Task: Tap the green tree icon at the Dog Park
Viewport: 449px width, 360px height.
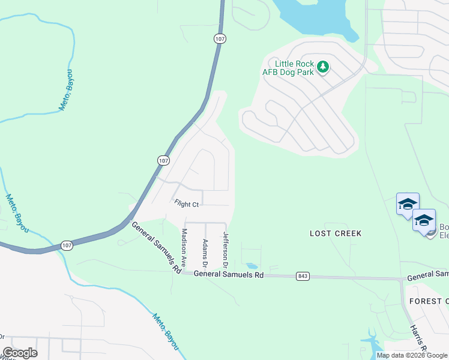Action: click(x=324, y=66)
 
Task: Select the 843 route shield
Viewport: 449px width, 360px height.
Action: click(x=303, y=276)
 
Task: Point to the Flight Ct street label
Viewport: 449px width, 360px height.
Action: click(x=186, y=204)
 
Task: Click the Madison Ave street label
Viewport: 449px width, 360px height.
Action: click(x=184, y=248)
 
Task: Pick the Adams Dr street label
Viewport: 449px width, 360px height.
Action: click(x=205, y=253)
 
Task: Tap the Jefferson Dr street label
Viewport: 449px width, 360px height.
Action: click(x=226, y=250)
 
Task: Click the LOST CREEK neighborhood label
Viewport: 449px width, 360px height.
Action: click(x=336, y=233)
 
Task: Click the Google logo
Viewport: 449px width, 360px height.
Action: click(x=20, y=353)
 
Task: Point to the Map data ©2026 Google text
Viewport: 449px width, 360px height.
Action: click(x=412, y=355)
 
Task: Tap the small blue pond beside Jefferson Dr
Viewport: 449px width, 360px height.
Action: click(x=252, y=266)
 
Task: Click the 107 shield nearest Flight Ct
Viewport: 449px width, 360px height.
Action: click(x=164, y=160)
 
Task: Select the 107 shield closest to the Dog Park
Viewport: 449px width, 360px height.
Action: click(x=219, y=38)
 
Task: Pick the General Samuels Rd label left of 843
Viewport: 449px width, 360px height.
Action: click(x=229, y=275)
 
